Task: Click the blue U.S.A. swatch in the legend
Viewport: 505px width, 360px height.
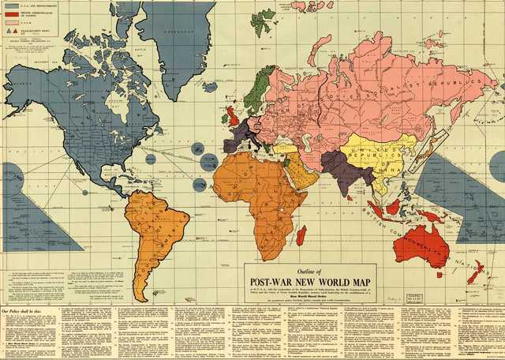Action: pyautogui.click(x=11, y=5)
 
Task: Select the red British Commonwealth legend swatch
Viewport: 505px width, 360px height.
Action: pyautogui.click(x=11, y=13)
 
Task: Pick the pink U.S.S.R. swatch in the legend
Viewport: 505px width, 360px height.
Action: pyautogui.click(x=11, y=22)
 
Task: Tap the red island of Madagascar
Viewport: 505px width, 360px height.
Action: pyautogui.click(x=301, y=234)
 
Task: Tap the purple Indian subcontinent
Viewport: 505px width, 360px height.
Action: pyautogui.click(x=340, y=169)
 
